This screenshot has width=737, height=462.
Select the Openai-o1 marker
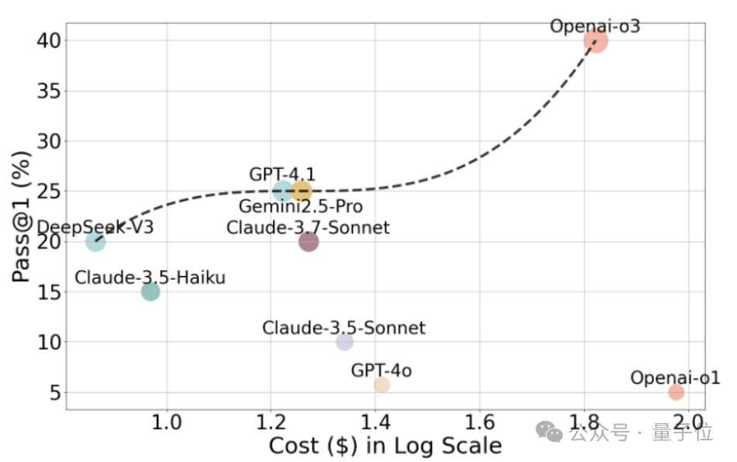[676, 392]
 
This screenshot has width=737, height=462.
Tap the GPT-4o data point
[382, 385]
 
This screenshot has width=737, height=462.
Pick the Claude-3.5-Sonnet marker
[344, 342]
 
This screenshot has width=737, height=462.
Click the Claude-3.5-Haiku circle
[151, 291]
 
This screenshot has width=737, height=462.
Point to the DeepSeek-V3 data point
[95, 241]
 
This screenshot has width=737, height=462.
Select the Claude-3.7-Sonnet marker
[309, 242]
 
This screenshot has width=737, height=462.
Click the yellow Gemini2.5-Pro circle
[302, 191]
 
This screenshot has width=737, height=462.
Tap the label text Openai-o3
[595, 26]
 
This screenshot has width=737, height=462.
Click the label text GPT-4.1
[282, 174]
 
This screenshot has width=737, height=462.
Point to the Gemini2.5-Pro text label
[300, 207]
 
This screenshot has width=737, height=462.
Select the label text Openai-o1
[675, 378]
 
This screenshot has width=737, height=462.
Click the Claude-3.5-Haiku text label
[151, 277]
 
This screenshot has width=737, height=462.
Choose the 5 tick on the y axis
[54, 392]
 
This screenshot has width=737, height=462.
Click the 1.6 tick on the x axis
[480, 423]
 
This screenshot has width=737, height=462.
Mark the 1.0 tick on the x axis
[166, 423]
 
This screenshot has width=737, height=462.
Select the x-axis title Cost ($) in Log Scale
[385, 446]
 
